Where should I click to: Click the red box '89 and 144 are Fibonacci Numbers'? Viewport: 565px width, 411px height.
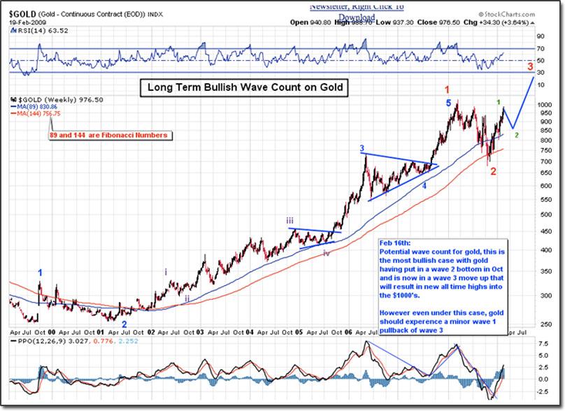click(108, 135)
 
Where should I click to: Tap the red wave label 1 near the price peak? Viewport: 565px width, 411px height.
click(448, 90)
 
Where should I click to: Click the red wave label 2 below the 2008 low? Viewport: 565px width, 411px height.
click(493, 171)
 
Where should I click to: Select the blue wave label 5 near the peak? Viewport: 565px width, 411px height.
click(449, 103)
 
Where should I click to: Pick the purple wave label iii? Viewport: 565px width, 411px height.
click(289, 221)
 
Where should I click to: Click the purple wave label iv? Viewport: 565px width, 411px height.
click(327, 253)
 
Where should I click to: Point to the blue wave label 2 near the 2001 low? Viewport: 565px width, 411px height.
click(124, 324)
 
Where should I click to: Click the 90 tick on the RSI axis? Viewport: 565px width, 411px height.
click(541, 37)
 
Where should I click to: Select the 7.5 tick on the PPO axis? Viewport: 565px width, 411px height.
click(541, 345)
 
